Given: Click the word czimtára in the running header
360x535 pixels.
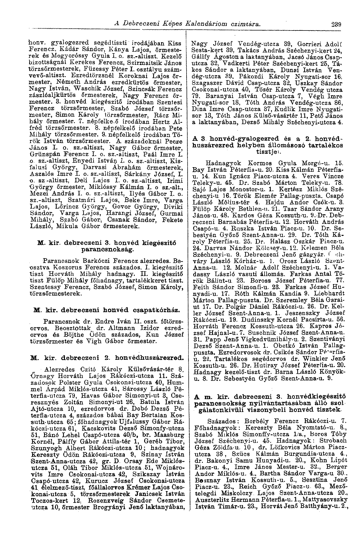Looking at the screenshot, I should (246, 24).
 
